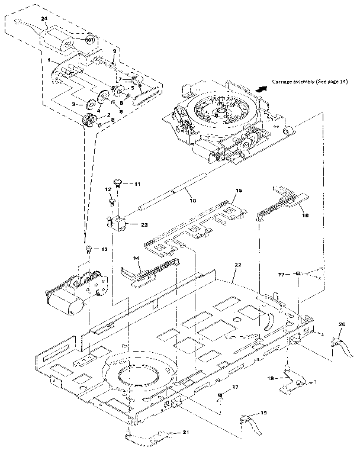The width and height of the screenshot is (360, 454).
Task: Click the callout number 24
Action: click(x=44, y=19)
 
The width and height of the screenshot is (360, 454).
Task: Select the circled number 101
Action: click(x=89, y=40)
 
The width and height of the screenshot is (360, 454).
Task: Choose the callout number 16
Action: click(x=306, y=217)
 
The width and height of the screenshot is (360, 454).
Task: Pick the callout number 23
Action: click(x=145, y=224)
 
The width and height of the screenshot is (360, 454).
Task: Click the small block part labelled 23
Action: click(x=118, y=223)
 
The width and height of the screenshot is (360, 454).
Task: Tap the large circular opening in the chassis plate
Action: click(x=139, y=375)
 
